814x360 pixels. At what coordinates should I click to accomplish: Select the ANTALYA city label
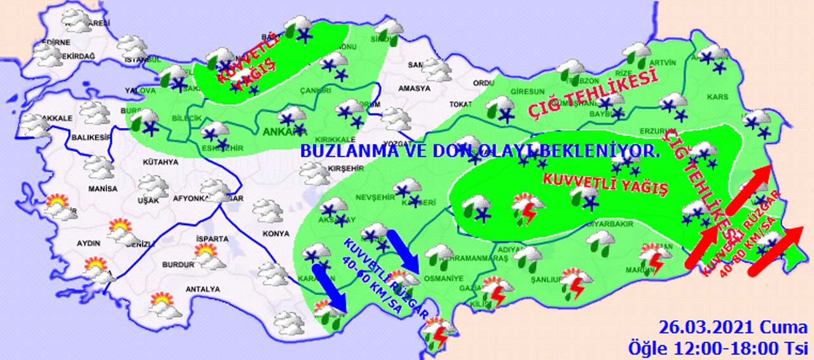pos(202,289)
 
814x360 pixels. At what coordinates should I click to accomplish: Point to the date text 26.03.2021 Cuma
pos(732,329)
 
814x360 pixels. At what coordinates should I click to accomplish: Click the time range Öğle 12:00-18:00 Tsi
pos(717,348)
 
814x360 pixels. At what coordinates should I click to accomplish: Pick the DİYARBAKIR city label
pos(610,224)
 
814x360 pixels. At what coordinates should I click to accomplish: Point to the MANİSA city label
pos(103,189)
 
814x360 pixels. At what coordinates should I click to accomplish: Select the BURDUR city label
pos(178,265)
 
